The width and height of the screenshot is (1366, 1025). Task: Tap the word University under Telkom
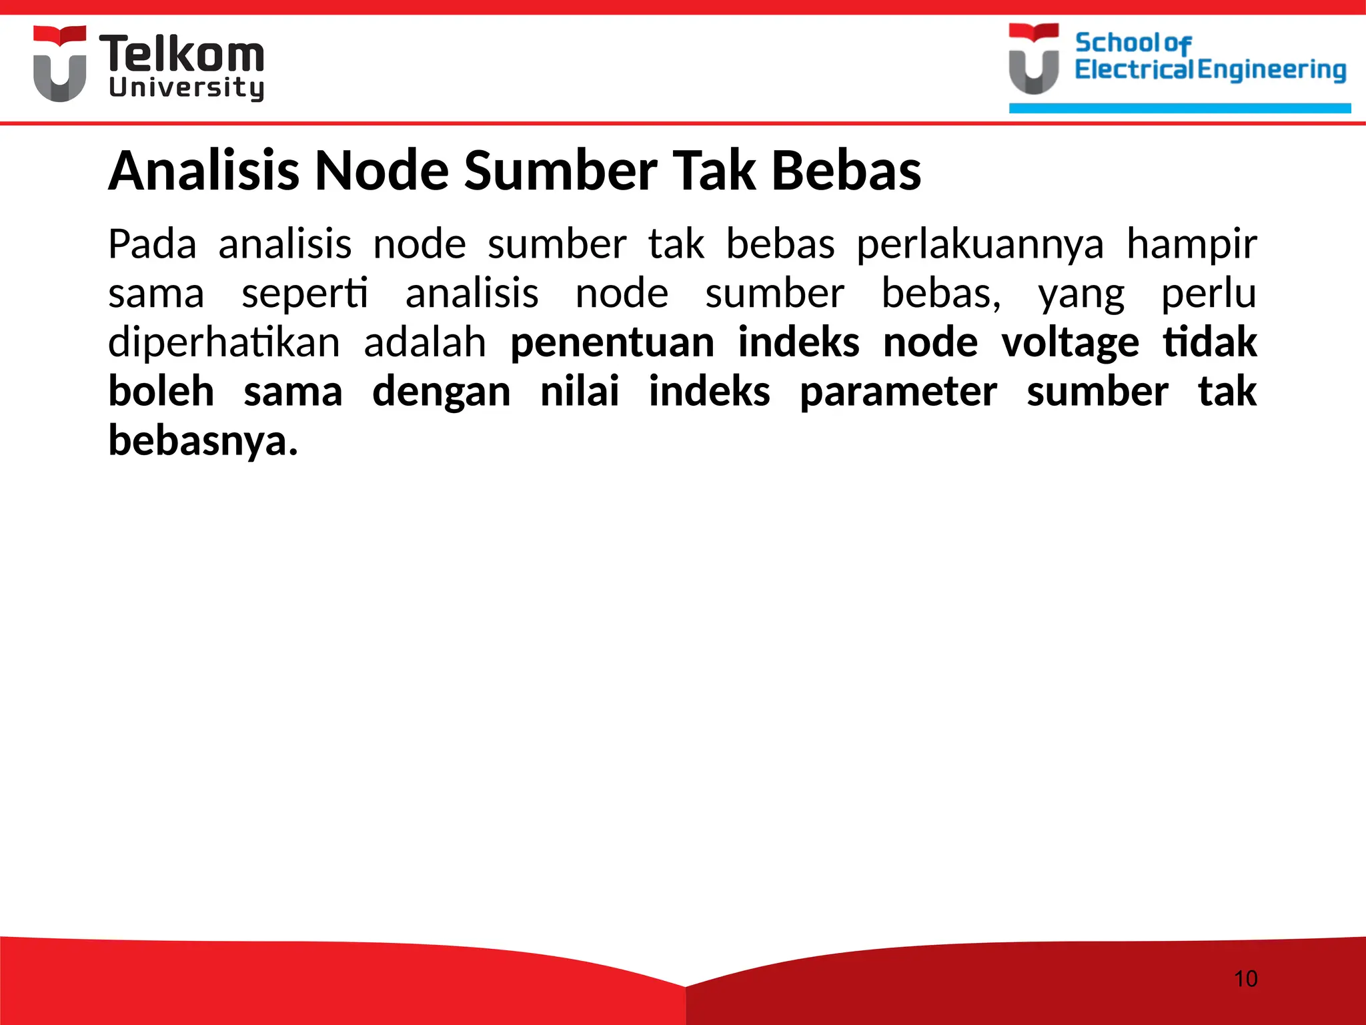tap(186, 88)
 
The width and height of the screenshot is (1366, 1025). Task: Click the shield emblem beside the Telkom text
tap(60, 64)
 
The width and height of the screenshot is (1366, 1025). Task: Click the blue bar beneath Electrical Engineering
tap(1179, 108)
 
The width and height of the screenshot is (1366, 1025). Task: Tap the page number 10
tap(1245, 979)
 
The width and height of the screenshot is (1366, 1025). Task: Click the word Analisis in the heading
tap(203, 171)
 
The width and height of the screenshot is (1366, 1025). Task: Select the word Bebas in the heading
tap(846, 171)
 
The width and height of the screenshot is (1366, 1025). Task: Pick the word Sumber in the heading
tap(560, 171)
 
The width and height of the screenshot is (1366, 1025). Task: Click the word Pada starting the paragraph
tap(152, 244)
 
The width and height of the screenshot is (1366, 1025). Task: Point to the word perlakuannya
tap(980, 244)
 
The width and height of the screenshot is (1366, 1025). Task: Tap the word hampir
tap(1191, 244)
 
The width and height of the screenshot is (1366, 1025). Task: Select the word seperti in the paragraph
tap(304, 294)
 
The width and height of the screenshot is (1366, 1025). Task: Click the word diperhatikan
tap(224, 343)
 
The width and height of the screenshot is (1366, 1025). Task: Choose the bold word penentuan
tap(612, 343)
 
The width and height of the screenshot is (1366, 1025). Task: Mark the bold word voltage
tap(1070, 343)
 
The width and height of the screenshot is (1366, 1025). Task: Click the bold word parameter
tap(898, 392)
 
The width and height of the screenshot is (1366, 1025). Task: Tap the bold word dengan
tap(441, 392)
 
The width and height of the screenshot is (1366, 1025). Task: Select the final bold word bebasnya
tap(203, 441)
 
